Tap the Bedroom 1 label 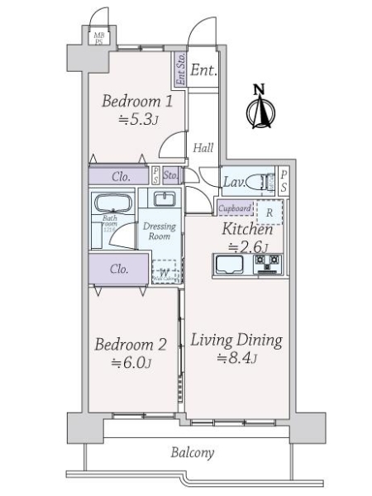(x=137, y=102)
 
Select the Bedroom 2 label (x=130, y=345)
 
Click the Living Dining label (x=237, y=340)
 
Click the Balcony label (x=193, y=452)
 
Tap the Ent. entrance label (x=203, y=70)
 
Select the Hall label (x=203, y=148)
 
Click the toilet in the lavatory (x=260, y=181)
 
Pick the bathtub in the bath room (x=109, y=203)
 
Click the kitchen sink (x=229, y=265)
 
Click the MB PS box (x=98, y=37)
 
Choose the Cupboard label (x=234, y=209)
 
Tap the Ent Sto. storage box (x=180, y=70)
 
